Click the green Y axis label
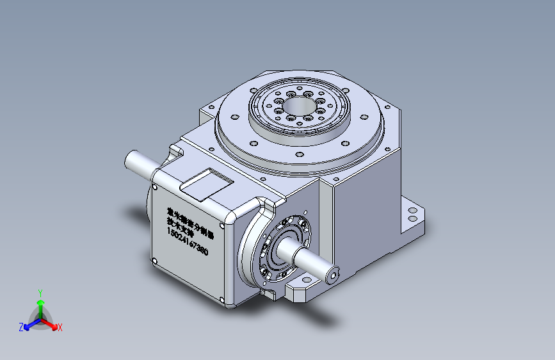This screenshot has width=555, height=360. pos(40,291)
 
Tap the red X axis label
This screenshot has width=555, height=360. pos(60,328)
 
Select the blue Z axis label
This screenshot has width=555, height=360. pos(21,327)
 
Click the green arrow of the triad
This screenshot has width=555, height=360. pos(40,304)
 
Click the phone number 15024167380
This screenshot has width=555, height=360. pos(187,241)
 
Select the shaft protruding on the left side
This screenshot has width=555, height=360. pos(140,163)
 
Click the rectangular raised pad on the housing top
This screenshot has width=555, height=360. pos(205,184)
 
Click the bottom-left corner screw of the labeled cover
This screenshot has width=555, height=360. pos(154,259)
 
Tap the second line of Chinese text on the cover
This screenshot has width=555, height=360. pos(179,224)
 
